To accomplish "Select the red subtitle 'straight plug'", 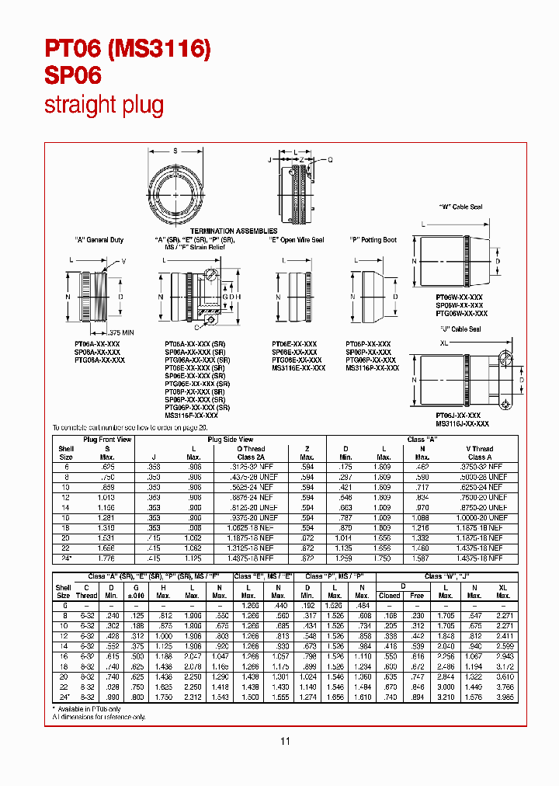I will [103, 106].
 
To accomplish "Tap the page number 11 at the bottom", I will [284, 741].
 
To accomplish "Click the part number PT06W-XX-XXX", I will [459, 297].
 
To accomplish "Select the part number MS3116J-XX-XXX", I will [462, 423].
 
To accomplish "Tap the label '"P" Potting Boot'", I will [373, 240].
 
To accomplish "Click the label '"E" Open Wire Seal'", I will [296, 240].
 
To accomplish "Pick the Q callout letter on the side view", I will [329, 158].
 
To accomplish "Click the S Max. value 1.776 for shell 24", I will [107, 558].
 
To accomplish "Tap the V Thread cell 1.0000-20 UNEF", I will [487, 517].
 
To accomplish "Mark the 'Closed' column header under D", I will [389, 595].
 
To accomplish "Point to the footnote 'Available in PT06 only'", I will [88, 708].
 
